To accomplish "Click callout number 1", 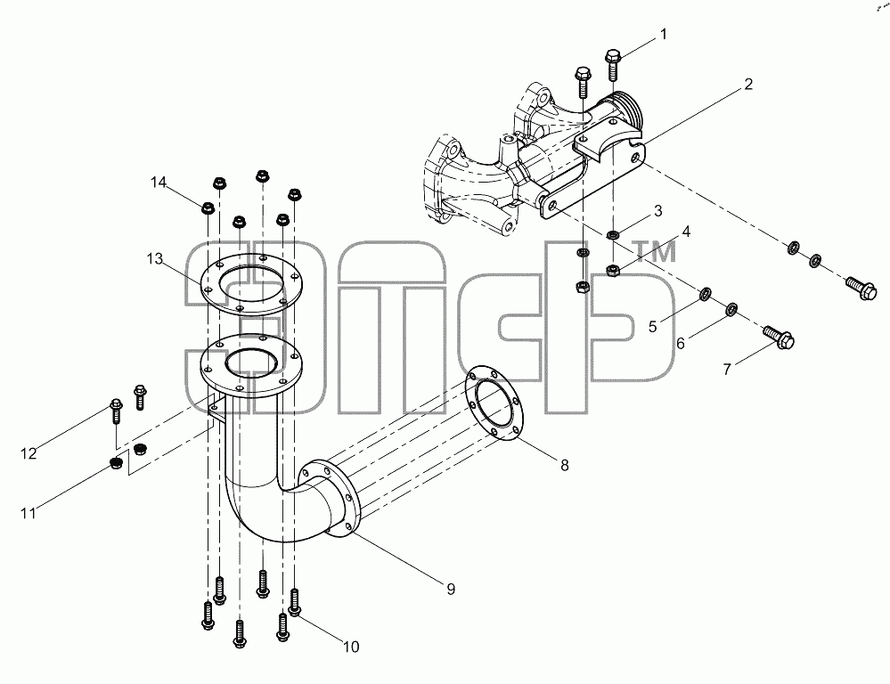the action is (x=663, y=35).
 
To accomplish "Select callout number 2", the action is (x=748, y=85).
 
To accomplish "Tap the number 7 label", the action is (x=727, y=370).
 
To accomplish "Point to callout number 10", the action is (x=351, y=647).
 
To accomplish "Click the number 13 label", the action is (x=154, y=259).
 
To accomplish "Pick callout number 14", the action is (x=159, y=183).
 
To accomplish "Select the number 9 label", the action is (x=451, y=590).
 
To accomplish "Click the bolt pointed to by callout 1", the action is (x=612, y=64).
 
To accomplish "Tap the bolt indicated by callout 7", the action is (x=778, y=336).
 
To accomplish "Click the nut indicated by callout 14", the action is (x=208, y=208).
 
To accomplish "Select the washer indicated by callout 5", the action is (x=705, y=294).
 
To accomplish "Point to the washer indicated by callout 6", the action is (x=731, y=309).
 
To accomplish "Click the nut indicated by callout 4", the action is (x=612, y=270).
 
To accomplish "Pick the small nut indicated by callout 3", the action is (x=612, y=234).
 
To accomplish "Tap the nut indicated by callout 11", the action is (x=117, y=463).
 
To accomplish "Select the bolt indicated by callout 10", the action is (x=294, y=602).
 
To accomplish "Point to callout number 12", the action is (x=29, y=453).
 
